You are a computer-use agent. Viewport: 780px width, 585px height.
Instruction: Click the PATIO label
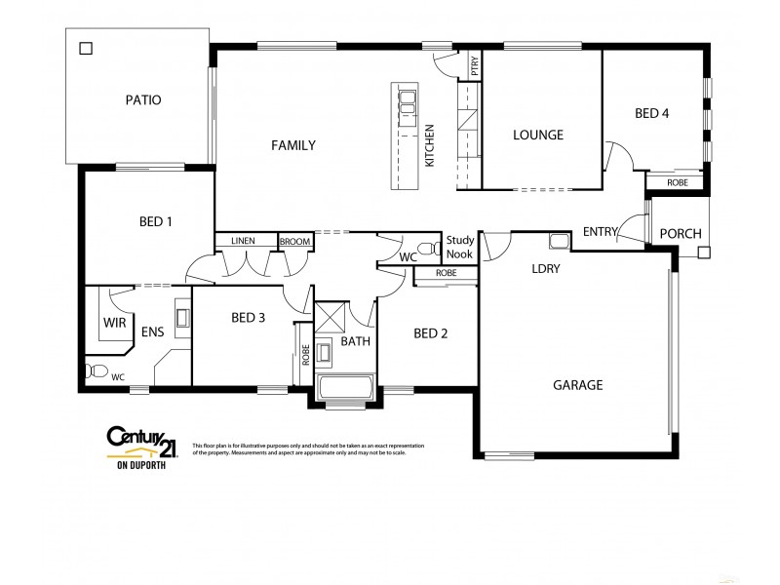pos(142,99)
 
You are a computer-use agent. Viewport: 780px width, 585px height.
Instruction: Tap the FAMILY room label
pos(292,146)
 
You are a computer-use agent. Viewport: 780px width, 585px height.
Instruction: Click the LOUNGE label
pos(538,136)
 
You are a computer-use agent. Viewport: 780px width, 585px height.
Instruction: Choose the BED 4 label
pos(651,113)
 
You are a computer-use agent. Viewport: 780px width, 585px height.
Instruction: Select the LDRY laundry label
pos(545,268)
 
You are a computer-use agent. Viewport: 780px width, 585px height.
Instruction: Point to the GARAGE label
pos(579,384)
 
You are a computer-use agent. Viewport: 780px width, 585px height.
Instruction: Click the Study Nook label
pos(459,247)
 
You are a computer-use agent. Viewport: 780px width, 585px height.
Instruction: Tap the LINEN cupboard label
pos(243,241)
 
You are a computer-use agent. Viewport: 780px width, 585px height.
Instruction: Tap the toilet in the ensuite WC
pos(96,370)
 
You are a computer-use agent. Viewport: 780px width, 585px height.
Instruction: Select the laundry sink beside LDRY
pos(559,241)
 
